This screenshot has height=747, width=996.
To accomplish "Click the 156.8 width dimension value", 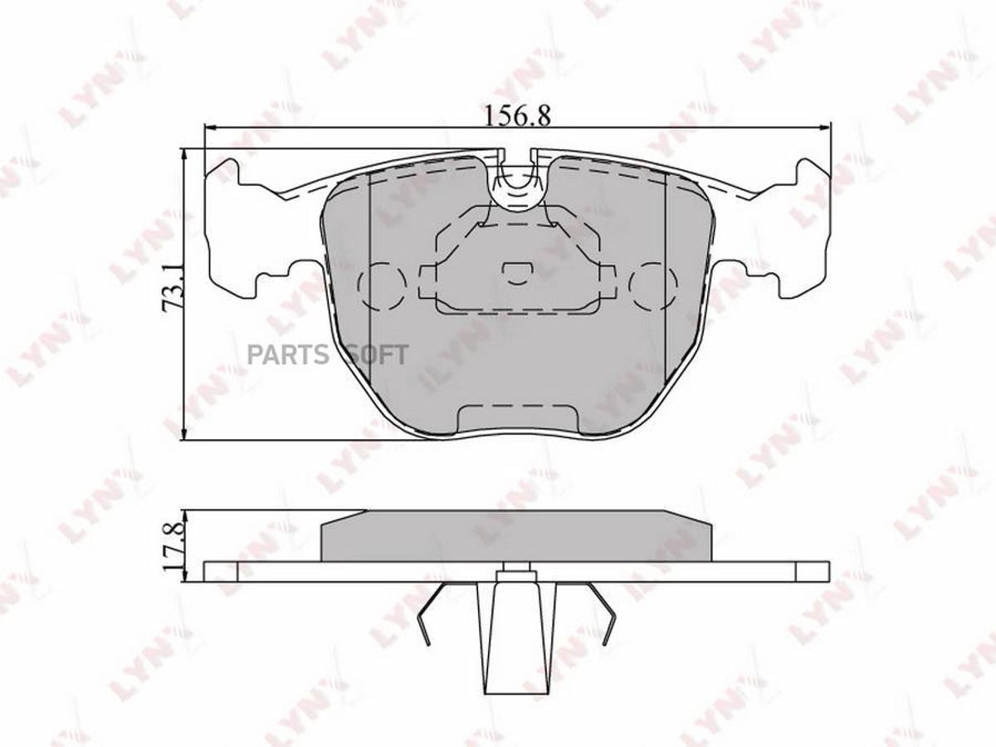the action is coord(517,116).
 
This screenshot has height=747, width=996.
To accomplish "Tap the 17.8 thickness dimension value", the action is coord(173,546).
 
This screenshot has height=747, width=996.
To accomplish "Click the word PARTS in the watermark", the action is coord(287,354).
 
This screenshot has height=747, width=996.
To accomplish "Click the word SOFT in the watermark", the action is coord(373,354).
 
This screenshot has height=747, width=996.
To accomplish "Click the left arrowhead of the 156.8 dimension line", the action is coord(210,129).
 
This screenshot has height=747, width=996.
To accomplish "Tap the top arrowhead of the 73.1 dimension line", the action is coord(183,154).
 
